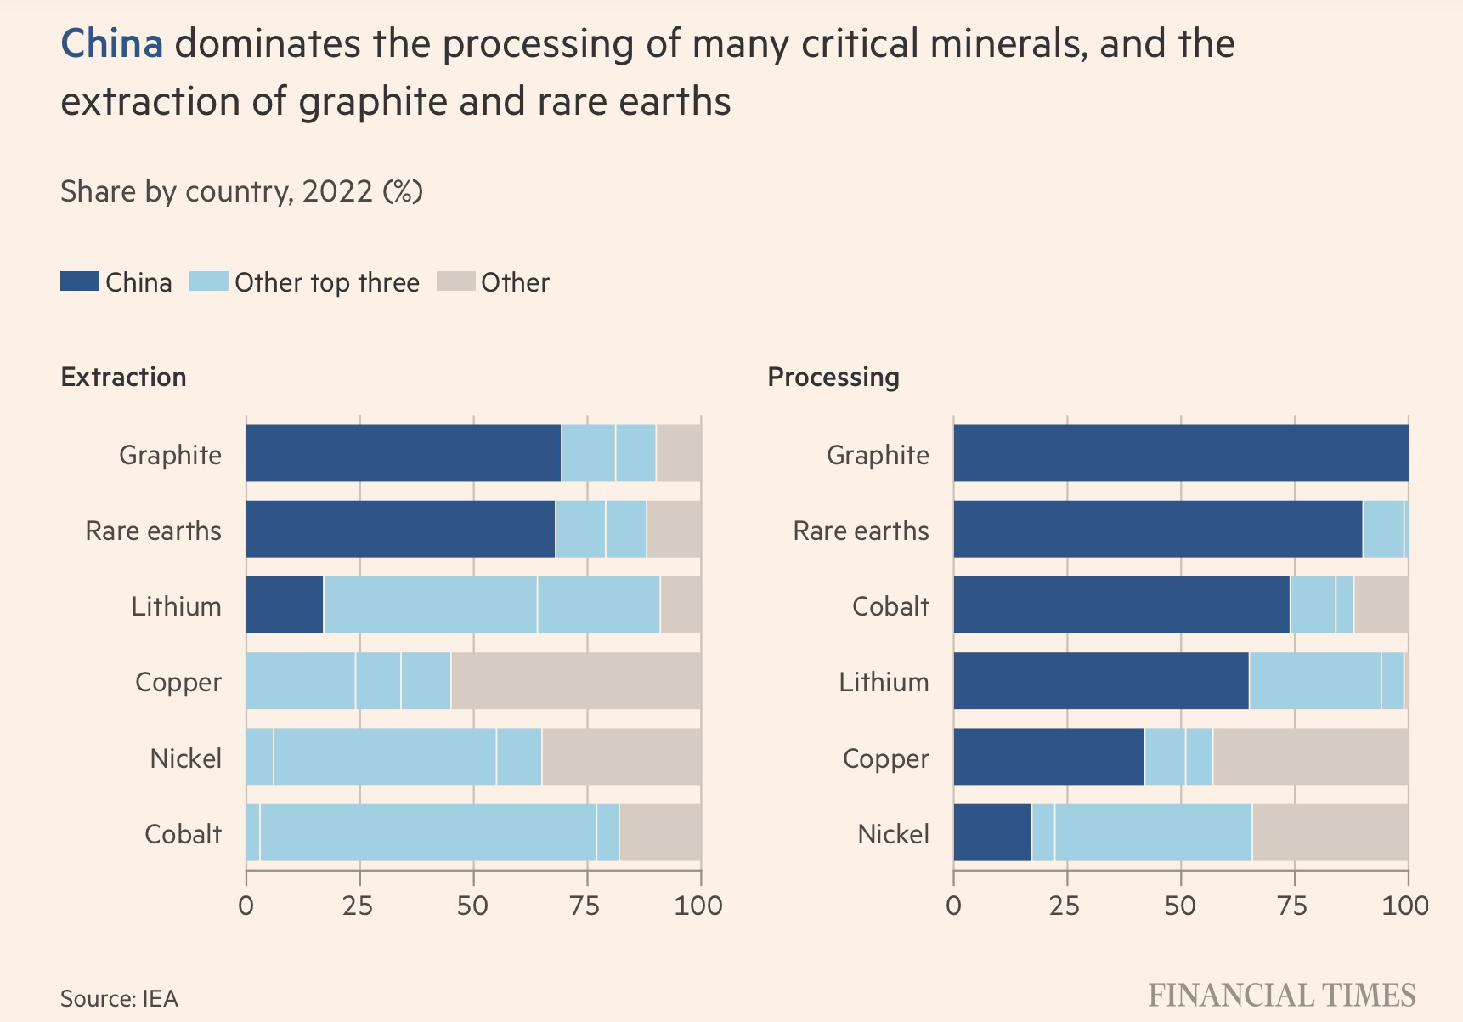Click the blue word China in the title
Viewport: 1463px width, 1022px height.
[111, 44]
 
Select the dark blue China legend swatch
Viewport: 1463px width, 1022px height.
[79, 281]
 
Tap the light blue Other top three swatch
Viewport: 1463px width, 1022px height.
[208, 281]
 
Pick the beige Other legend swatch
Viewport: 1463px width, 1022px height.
[455, 281]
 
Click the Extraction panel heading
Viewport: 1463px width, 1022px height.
[123, 377]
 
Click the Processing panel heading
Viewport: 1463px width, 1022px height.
[833, 377]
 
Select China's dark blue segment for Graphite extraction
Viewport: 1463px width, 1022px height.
[404, 453]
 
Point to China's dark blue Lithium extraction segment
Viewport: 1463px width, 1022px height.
[285, 605]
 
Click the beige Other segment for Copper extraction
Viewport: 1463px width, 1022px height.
[576, 680]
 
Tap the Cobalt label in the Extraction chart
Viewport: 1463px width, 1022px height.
[183, 834]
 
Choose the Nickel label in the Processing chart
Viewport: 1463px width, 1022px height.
[893, 834]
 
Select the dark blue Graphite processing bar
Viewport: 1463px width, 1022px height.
[1181, 453]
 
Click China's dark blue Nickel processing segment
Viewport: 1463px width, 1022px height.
[992, 832]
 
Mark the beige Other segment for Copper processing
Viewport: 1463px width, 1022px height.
[1310, 757]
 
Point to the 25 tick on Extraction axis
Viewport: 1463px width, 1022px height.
[359, 906]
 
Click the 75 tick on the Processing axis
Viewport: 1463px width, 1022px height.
[1293, 906]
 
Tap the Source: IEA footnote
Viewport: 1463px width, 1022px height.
[119, 998]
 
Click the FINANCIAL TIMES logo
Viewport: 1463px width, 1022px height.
[1281, 996]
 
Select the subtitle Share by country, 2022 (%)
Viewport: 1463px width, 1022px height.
[241, 191]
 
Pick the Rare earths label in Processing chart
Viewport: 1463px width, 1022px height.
[861, 531]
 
